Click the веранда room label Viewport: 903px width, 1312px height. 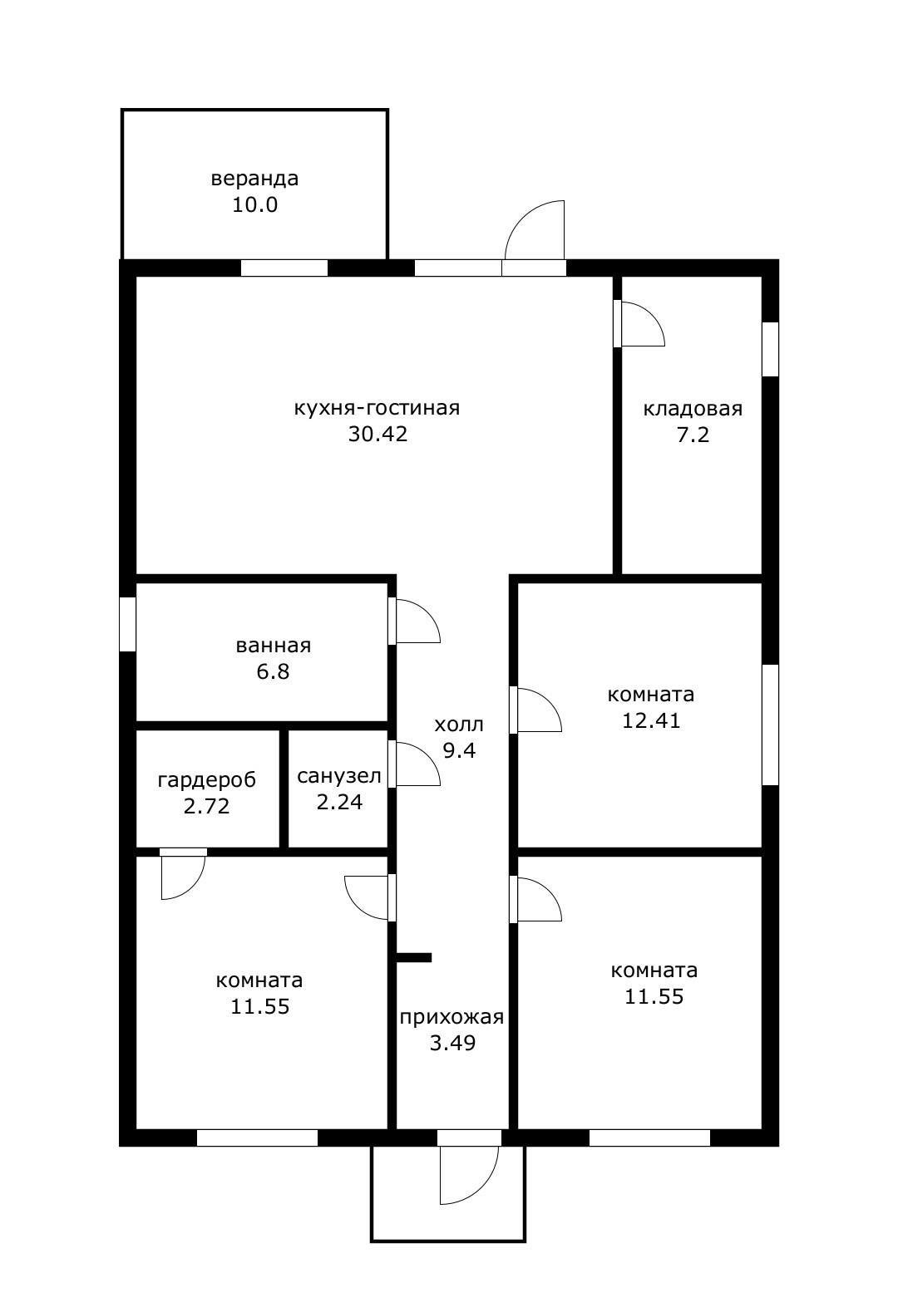click(x=254, y=178)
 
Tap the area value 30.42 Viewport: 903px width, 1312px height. click(x=377, y=434)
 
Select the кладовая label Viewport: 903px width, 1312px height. click(x=693, y=408)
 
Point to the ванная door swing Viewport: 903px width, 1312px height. click(x=414, y=621)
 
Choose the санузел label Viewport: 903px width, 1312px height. click(x=338, y=776)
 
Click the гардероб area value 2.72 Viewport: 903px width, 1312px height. click(x=206, y=807)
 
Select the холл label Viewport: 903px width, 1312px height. click(x=459, y=725)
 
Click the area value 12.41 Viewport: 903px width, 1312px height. click(x=651, y=720)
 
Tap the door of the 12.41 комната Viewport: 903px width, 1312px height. click(x=535, y=710)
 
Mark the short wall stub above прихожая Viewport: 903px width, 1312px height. click(x=414, y=958)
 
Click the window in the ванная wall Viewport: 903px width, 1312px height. click(x=128, y=624)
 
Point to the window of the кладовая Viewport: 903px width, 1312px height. click(x=770, y=349)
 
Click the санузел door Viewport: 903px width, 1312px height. click(x=414, y=764)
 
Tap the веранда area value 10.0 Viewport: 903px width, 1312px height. click(x=254, y=205)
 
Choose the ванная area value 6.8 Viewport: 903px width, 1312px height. click(x=273, y=671)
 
